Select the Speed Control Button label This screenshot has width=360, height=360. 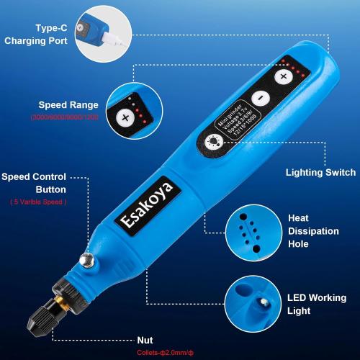(x=45, y=183)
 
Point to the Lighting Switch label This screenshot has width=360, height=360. (x=320, y=173)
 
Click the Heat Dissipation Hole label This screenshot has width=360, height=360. (x=313, y=231)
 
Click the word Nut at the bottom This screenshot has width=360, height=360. (x=145, y=340)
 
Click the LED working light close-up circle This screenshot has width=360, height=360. (x=251, y=303)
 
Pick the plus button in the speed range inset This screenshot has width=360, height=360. (x=125, y=117)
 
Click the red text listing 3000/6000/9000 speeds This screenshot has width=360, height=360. (x=61, y=117)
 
